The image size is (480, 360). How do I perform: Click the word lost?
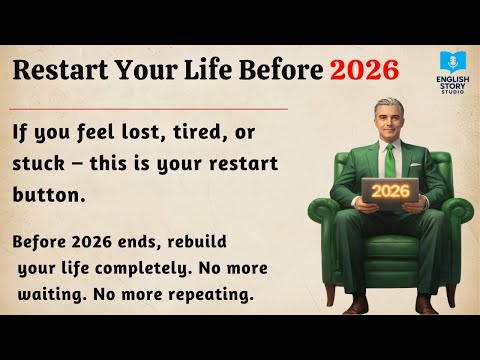coord(141,134)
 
